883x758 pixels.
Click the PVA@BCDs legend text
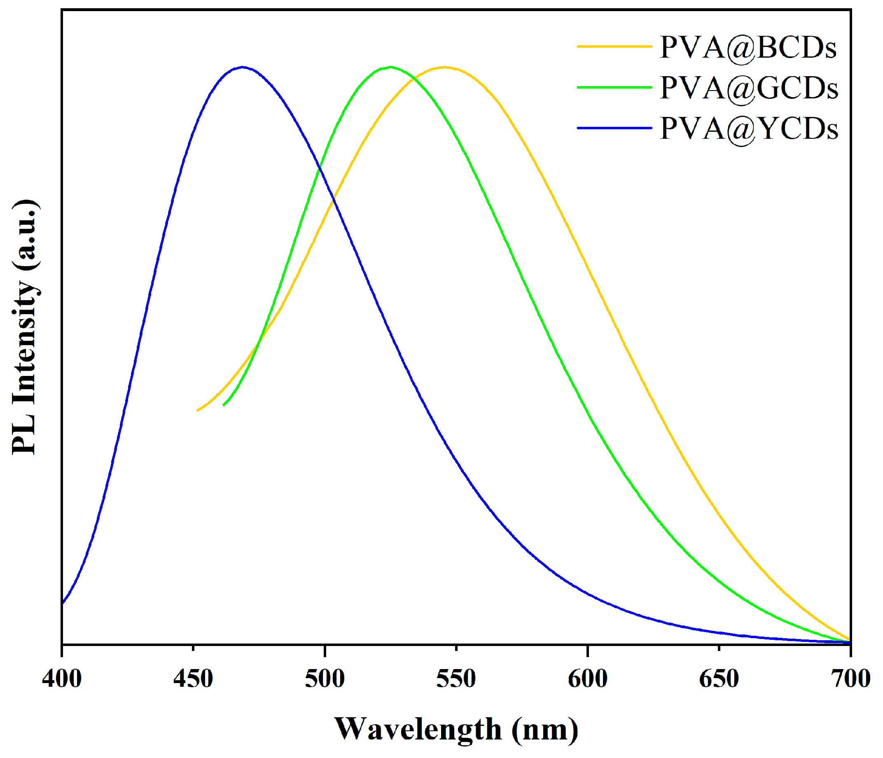point(748,48)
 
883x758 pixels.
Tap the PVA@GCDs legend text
point(749,88)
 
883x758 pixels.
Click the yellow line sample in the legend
point(614,46)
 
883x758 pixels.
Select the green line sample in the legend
point(614,87)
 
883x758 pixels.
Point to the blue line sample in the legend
point(614,127)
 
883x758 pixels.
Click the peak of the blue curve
point(243,67)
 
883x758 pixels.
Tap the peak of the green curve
point(390,67)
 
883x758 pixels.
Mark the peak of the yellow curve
point(444,67)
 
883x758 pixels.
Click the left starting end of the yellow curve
point(198,410)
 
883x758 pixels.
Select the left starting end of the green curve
point(224,405)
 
